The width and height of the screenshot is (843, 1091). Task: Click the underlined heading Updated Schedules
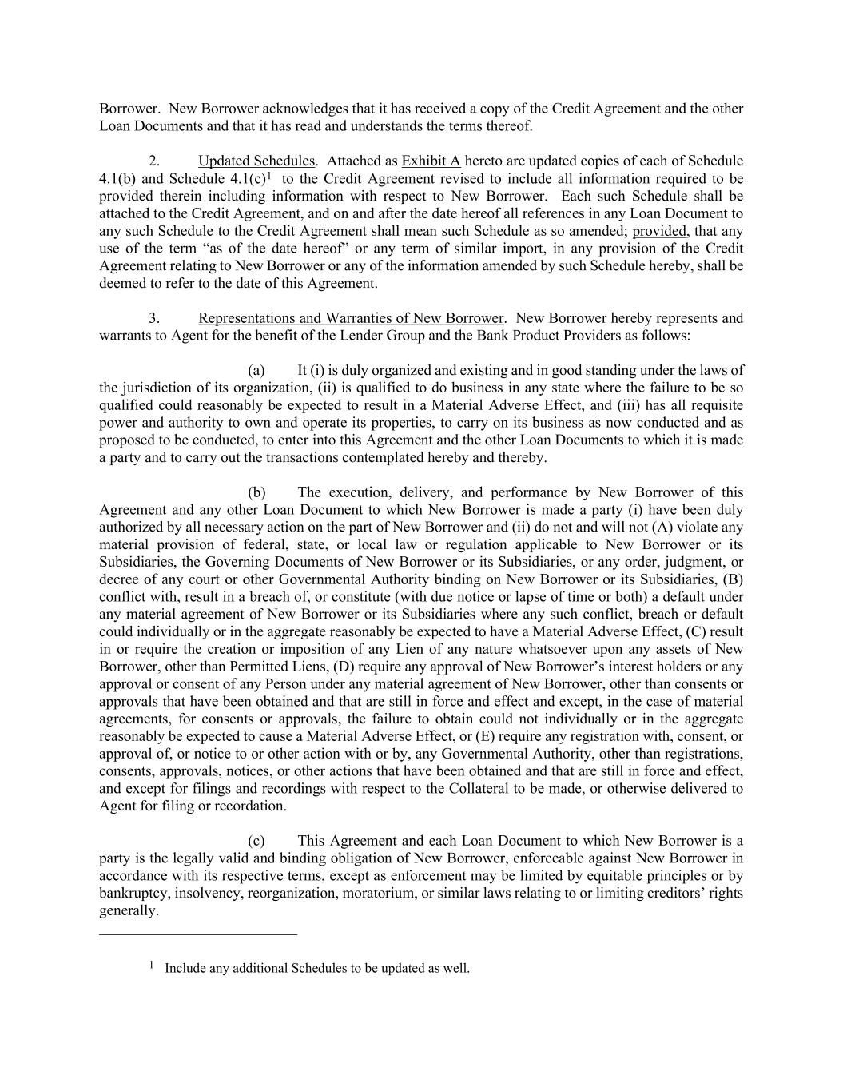[x=256, y=161]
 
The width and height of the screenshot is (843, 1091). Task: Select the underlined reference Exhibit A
[x=431, y=161]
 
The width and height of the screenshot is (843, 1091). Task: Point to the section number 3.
[x=154, y=318]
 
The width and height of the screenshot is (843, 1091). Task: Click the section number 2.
[x=154, y=161]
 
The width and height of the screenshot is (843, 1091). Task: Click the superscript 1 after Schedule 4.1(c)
[x=270, y=176]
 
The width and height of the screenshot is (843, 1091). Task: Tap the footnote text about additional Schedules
[x=316, y=969]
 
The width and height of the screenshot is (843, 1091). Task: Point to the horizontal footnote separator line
[x=197, y=934]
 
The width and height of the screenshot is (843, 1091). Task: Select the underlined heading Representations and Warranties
[x=351, y=318]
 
